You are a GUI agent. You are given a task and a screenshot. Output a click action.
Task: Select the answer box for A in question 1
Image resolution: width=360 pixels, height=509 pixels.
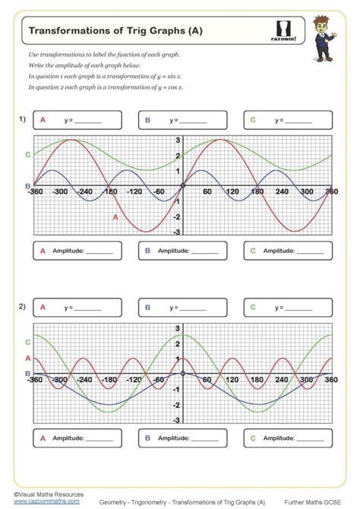(78, 120)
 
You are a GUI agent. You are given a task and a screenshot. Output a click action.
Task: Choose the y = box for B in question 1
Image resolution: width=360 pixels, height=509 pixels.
(182, 120)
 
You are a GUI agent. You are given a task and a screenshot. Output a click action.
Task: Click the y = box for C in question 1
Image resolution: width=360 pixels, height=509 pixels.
(287, 120)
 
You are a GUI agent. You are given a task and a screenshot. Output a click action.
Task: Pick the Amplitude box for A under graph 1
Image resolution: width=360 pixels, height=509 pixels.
(78, 250)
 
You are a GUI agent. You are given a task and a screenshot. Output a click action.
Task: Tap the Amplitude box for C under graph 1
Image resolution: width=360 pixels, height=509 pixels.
(287, 250)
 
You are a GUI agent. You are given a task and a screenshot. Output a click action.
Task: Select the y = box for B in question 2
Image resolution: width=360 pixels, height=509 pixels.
(182, 308)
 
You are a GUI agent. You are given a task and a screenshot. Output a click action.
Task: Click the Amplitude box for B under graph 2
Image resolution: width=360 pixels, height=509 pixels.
(182, 438)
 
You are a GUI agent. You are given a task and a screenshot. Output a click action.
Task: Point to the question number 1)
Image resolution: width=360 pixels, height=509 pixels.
(23, 119)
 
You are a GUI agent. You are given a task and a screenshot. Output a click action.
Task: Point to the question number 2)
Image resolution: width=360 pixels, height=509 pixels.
(23, 307)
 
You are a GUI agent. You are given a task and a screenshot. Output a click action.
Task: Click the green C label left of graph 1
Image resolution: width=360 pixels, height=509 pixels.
(28, 154)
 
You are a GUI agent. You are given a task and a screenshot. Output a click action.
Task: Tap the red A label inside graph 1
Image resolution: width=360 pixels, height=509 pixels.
(115, 217)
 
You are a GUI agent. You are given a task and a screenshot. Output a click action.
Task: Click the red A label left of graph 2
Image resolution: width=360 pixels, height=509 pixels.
(28, 358)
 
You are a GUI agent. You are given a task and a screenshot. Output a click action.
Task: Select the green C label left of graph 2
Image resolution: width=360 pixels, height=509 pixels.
(28, 343)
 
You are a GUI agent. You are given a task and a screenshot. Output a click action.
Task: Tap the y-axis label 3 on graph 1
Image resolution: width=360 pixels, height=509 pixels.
(178, 141)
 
